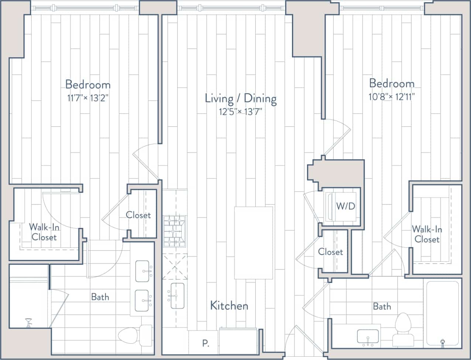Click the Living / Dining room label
coord(241,98)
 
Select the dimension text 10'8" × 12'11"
coord(392,97)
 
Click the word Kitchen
coord(229,305)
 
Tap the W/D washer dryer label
coord(345,206)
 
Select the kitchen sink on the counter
coord(177,296)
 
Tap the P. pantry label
coord(206,344)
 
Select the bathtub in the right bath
coord(442,314)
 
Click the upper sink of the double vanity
coord(142,271)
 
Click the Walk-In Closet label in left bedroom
coord(44,232)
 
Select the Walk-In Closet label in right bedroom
coord(427,234)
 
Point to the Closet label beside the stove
coord(138,215)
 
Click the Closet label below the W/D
coord(330,252)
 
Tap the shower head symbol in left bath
coord(28,322)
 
